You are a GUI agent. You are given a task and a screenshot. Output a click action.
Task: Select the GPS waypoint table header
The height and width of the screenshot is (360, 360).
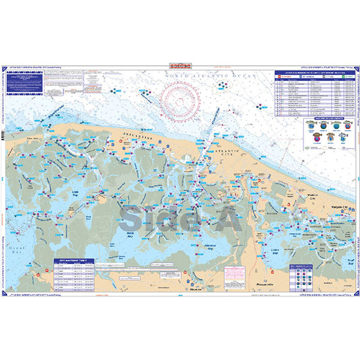click(x=73, y=261)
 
